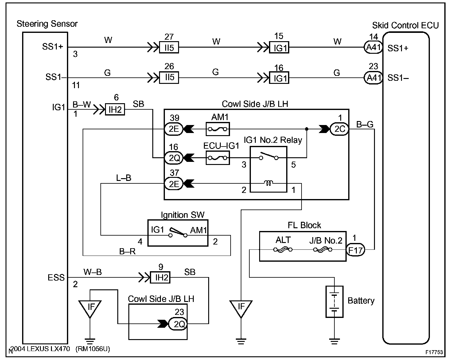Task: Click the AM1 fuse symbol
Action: click(217, 129)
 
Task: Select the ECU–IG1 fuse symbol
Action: click(217, 158)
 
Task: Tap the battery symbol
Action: click(334, 302)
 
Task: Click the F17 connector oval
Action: click(355, 250)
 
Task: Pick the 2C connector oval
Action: click(339, 129)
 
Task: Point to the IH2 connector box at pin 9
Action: click(160, 278)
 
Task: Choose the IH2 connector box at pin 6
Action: click(115, 109)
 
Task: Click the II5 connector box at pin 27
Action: click(169, 48)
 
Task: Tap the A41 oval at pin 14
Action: click(373, 48)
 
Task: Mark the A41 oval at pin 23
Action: click(373, 78)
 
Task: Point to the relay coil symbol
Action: click(269, 183)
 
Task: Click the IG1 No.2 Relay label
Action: click(273, 140)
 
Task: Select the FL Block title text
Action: click(304, 225)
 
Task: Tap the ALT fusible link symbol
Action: click(283, 250)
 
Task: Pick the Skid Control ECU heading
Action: click(405, 25)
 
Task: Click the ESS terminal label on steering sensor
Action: click(56, 278)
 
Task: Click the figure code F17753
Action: click(434, 352)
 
